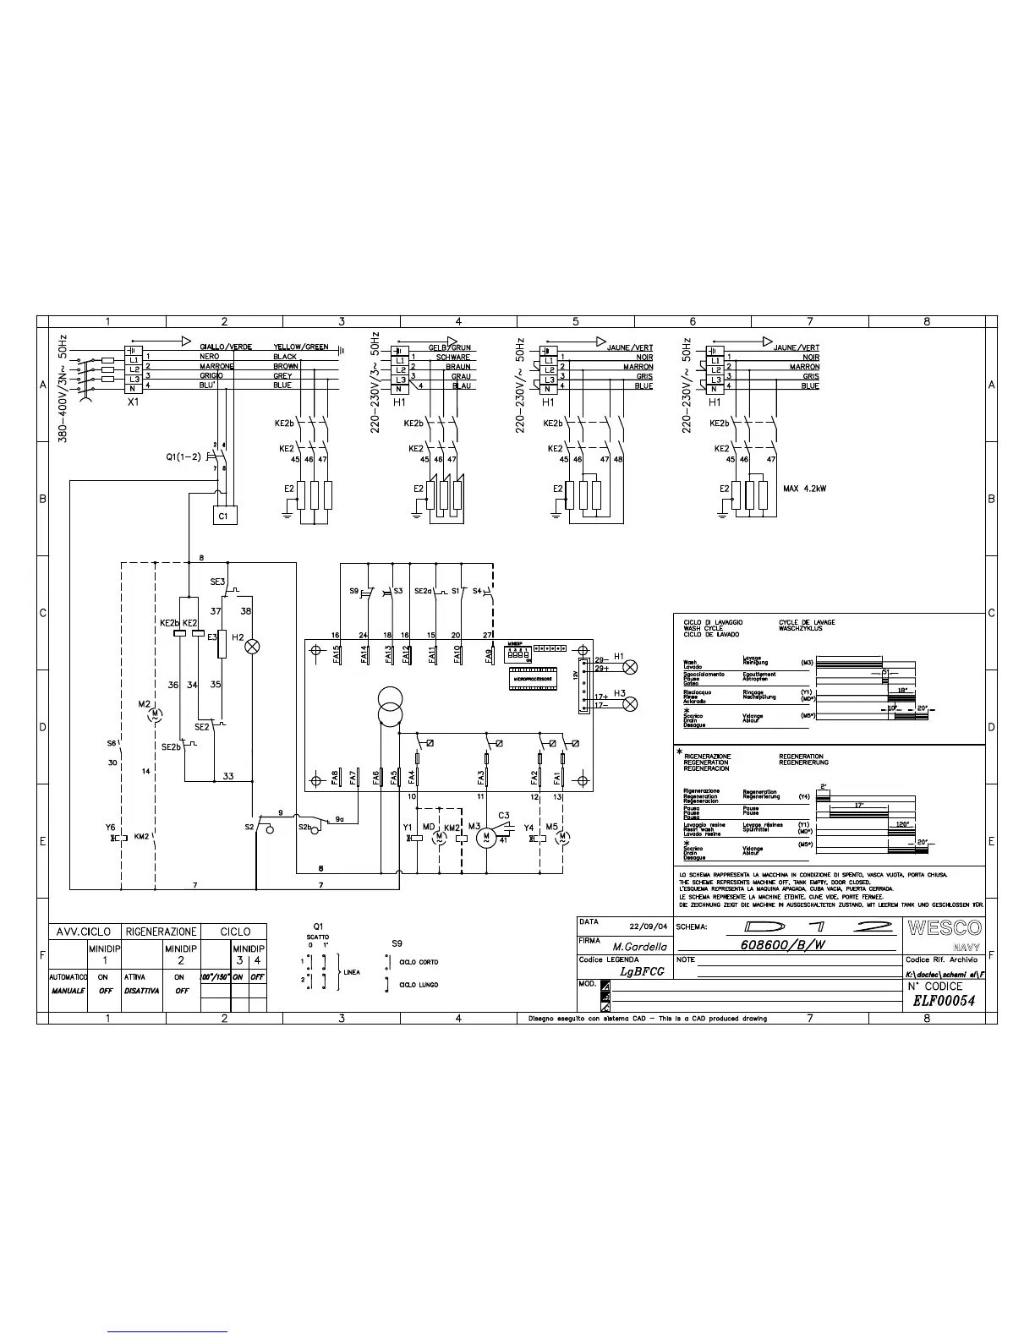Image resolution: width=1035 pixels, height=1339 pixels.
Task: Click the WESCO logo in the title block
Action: (x=945, y=927)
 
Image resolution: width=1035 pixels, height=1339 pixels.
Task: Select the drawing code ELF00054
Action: (x=944, y=1001)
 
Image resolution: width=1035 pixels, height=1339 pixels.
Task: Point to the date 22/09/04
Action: (x=649, y=926)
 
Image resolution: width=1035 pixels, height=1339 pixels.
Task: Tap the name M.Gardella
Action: (x=640, y=947)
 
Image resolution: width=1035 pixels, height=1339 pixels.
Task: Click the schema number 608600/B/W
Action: (x=782, y=946)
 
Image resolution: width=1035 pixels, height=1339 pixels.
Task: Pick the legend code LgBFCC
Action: (x=642, y=971)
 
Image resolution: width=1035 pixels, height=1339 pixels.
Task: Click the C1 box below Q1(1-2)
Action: (x=223, y=515)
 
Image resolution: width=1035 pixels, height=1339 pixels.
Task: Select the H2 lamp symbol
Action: (x=251, y=647)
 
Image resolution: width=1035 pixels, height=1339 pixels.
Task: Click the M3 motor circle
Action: (x=486, y=838)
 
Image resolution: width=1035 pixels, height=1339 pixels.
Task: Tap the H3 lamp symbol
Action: (x=630, y=704)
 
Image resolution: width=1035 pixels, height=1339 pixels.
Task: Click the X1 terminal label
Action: (x=133, y=403)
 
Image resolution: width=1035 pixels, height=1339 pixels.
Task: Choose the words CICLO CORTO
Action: (x=419, y=962)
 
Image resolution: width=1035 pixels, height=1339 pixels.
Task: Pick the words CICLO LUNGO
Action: (x=419, y=985)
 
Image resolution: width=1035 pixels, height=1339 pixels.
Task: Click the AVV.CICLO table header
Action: (x=84, y=932)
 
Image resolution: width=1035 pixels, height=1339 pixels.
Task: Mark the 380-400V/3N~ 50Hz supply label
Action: (x=63, y=389)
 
